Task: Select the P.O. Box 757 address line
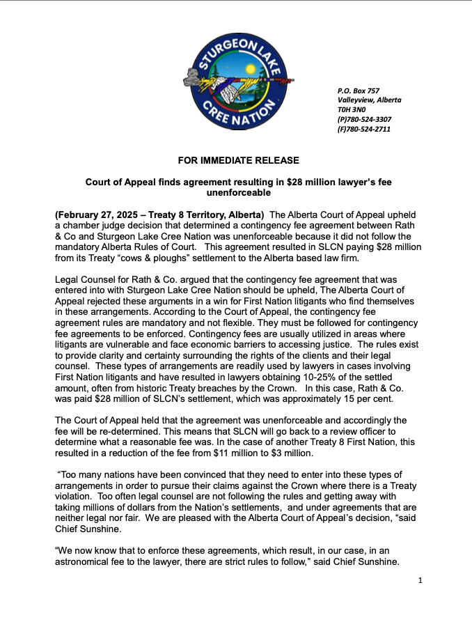358,91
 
